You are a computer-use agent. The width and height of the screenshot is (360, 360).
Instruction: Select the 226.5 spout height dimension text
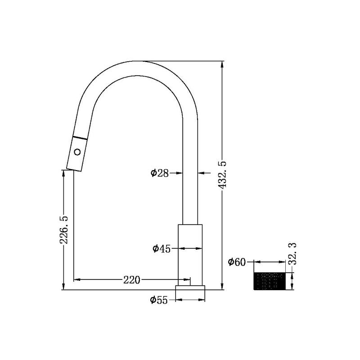(64, 229)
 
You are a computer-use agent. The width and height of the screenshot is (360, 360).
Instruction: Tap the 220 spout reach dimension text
(131, 280)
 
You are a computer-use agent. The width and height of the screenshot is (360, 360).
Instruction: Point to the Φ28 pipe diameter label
(160, 172)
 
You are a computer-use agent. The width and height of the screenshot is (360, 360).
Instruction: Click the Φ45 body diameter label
(161, 248)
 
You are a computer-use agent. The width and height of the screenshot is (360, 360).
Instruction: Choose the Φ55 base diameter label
(159, 300)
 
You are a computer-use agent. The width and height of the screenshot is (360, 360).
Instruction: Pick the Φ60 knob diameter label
(237, 262)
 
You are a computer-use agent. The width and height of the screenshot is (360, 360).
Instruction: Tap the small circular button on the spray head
(77, 152)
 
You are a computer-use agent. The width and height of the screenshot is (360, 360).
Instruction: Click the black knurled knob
(270, 281)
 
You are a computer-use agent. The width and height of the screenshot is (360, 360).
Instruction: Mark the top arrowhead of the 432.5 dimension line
(221, 64)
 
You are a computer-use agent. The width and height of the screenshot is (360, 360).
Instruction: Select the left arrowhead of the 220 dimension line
(76, 280)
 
